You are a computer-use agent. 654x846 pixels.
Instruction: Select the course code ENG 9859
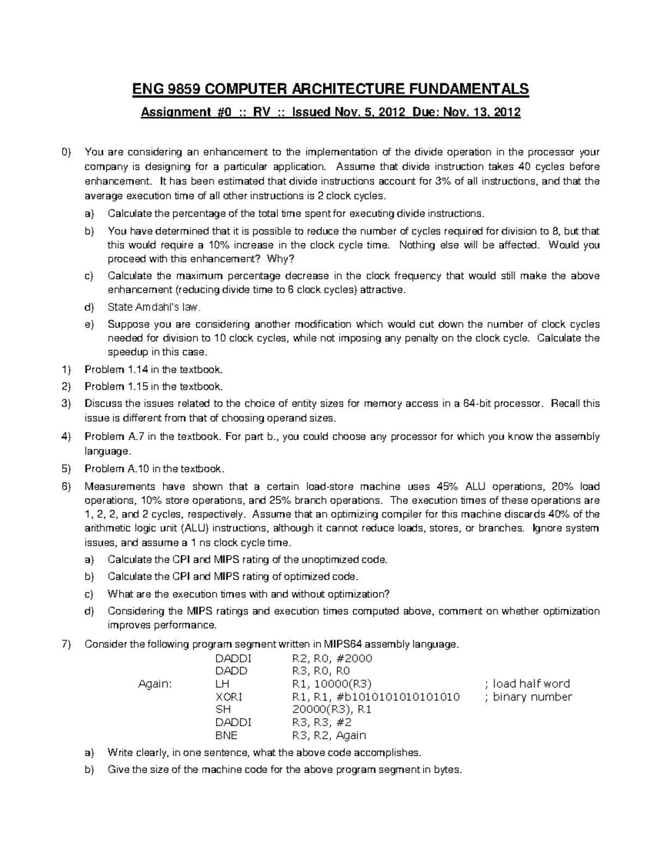[x=159, y=88]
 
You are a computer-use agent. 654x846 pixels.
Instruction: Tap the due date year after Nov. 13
[x=506, y=113]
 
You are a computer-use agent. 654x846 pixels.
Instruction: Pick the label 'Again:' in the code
[x=155, y=684]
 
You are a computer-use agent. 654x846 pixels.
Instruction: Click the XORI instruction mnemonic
[x=229, y=697]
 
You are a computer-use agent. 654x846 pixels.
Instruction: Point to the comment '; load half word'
[x=526, y=684]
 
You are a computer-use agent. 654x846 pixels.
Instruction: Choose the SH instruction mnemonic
[x=223, y=710]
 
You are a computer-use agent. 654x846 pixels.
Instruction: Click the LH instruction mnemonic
[x=223, y=684]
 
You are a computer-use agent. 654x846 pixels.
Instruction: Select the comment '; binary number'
[x=528, y=697]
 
